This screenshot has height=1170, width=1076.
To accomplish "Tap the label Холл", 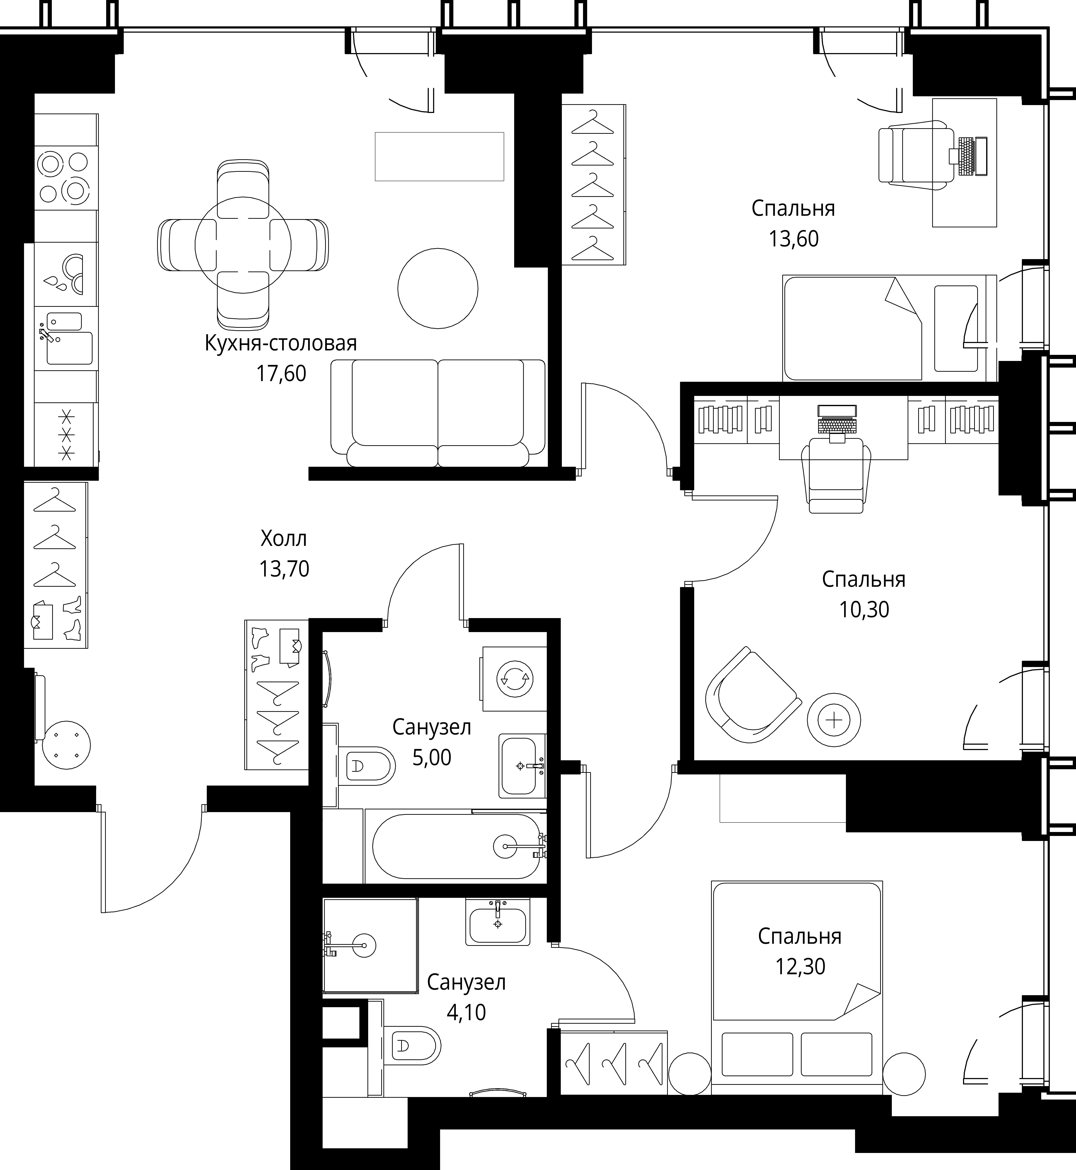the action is [284, 539].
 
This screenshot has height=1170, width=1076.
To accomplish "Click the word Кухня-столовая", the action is [281, 343].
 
